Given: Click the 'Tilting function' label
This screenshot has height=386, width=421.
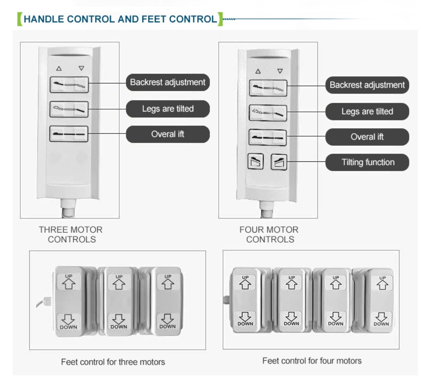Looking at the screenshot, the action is pos(367,162).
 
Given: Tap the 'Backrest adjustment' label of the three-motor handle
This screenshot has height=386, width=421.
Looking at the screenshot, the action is pos(168,82).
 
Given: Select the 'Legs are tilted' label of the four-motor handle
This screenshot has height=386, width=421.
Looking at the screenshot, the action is pos(367,112).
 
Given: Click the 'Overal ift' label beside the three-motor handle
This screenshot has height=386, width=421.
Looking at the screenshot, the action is pos(168,134).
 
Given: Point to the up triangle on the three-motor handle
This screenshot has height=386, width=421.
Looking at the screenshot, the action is pos(59,69).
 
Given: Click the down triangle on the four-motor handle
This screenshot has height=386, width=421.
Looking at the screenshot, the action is pos(280,71).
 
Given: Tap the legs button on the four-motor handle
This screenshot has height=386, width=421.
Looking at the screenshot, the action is pos(268,113).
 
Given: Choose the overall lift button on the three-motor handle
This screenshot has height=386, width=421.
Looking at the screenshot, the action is pos(69,134).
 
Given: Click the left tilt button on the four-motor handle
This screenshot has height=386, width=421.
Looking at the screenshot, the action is pos(255,161).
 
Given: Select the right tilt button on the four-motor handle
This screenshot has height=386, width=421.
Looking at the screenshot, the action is pos(279,162).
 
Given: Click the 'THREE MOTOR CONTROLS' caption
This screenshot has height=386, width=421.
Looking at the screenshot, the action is pos(71,234).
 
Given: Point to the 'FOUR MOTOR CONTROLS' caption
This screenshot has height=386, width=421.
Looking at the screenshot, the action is pos(269,234).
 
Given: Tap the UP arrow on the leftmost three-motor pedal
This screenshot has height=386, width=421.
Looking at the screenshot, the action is pos(69,284).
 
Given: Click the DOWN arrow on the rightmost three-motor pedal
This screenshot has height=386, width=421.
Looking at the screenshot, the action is pos(168,319).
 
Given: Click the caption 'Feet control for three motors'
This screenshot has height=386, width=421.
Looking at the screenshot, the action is pos(113,362).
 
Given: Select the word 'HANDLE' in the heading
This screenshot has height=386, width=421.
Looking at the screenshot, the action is pos(44,19).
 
